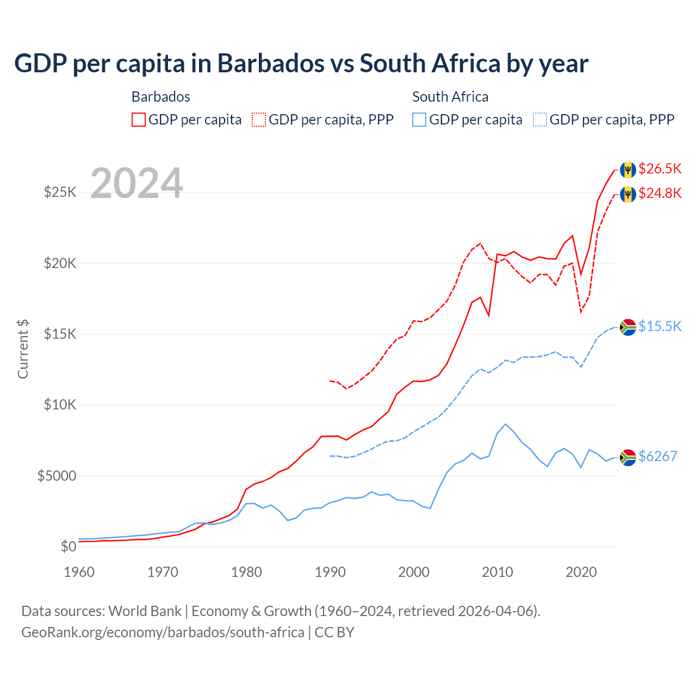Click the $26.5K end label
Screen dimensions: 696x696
click(660, 169)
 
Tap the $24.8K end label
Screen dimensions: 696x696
click(660, 193)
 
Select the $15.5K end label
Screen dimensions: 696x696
click(660, 326)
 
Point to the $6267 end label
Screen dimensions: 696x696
click(657, 456)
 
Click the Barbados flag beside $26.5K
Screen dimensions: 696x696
click(628, 170)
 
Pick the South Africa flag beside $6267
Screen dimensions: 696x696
click(628, 458)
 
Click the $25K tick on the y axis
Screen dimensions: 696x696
click(60, 192)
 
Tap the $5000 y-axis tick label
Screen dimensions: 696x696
click(57, 476)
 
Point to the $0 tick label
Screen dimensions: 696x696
click(68, 546)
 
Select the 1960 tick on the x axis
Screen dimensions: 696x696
click(79, 572)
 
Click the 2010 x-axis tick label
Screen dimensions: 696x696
click(498, 572)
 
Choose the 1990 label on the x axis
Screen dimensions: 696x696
click(330, 572)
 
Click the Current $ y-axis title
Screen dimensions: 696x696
click(23, 349)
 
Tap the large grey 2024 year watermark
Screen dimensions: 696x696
click(136, 183)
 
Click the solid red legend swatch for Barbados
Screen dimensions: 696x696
click(139, 120)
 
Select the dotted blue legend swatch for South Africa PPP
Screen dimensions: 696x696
click(540, 120)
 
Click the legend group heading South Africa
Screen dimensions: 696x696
click(450, 97)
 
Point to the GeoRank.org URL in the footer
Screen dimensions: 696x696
click(163, 632)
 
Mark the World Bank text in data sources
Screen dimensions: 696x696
click(145, 611)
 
